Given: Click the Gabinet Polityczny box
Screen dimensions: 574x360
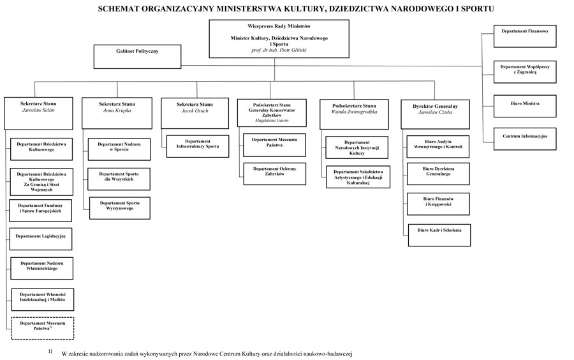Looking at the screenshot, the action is [137, 57].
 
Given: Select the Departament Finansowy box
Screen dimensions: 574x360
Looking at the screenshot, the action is [525, 36].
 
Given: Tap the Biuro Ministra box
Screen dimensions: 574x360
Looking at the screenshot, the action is [525, 106].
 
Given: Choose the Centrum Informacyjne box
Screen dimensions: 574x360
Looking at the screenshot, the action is [525, 139].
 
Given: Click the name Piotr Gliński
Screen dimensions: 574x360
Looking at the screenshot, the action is [293, 50].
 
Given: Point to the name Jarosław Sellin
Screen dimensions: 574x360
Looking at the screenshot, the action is [38, 110].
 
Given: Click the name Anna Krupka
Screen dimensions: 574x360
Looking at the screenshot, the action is [117, 110].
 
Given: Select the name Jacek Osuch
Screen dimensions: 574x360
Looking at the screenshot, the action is [195, 110].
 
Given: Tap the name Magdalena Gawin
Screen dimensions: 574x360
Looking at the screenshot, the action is [272, 121].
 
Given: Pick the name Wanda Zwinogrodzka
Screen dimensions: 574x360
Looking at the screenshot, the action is [354, 112].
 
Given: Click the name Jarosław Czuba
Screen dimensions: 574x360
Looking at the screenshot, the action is [435, 112].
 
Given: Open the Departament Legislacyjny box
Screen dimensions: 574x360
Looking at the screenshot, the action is [41, 239].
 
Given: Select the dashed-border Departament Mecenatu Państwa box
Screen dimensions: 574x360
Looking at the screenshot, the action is [43, 328].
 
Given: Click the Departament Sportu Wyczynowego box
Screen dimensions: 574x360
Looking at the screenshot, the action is [120, 208].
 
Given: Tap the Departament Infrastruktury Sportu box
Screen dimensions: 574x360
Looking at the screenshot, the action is [198, 147].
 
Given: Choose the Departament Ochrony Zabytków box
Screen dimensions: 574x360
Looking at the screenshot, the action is [274, 174].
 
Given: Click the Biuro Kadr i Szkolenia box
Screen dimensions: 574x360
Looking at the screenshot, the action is [439, 235].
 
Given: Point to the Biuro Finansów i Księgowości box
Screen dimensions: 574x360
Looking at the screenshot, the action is [438, 204].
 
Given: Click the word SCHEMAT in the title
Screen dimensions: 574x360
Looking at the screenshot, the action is [118, 9].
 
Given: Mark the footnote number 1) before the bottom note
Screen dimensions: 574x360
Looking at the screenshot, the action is [50, 352].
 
